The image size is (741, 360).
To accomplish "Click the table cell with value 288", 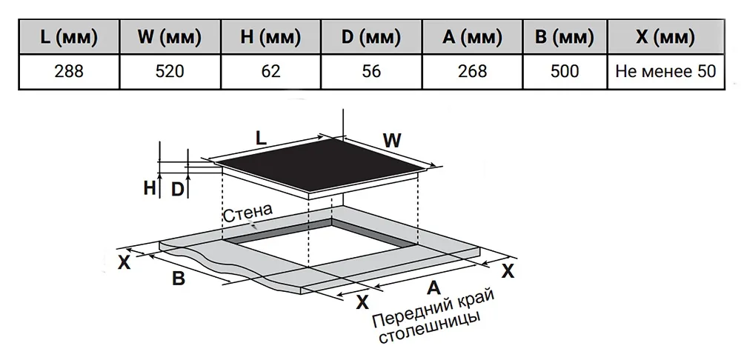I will pos(69,71).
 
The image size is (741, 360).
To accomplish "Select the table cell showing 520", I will pos(170,71).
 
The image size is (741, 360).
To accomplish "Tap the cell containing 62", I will pos(270,71).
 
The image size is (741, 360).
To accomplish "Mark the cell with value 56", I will pos(371,71).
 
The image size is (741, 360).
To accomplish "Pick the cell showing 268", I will pos(472,71).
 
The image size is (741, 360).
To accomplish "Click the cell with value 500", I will pos(565,71).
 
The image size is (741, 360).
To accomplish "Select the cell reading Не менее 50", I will pos(665,71).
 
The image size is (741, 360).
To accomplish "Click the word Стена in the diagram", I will pos(248,213).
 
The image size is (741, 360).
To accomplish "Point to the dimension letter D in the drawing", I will pos(177,190).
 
